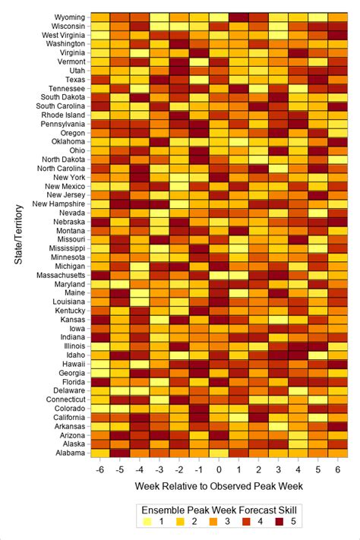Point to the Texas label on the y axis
coord(74,79)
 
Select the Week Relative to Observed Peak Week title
coord(219,484)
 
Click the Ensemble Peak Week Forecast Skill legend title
coord(219,509)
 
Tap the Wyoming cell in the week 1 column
coord(238,17)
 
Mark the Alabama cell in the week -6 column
coord(100,453)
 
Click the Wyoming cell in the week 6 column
coord(338,17)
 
